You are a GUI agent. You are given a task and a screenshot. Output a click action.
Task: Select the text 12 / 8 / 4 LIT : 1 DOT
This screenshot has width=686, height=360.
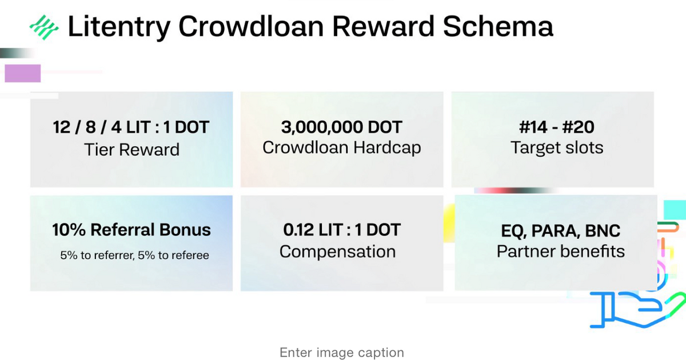coord(131,127)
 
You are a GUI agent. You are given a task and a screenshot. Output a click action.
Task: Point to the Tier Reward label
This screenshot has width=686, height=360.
coord(131,150)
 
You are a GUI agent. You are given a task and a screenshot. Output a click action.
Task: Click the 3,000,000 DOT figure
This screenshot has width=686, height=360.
coord(342,127)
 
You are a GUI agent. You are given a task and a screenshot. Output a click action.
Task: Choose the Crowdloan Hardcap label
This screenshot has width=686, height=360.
coord(342,147)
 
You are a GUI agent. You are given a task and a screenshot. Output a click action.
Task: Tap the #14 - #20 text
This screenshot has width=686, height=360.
coord(557,127)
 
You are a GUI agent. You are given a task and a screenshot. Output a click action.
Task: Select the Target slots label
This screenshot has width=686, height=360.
coord(557,148)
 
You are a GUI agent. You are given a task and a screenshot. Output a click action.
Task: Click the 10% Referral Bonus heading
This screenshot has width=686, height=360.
coord(131,230)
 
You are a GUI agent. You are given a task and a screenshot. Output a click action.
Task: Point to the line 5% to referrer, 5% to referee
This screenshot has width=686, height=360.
coord(135,255)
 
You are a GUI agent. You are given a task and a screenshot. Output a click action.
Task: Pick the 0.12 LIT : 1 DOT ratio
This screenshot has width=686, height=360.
coord(342,230)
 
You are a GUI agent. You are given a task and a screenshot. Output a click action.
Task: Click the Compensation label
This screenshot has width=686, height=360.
coord(337,251)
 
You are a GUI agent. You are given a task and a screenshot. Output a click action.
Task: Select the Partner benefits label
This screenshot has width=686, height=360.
coord(560,251)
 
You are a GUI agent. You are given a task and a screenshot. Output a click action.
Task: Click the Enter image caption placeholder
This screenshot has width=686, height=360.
coord(342,353)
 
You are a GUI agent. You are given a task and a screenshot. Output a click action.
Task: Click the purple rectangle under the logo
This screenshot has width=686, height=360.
coord(23,73)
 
